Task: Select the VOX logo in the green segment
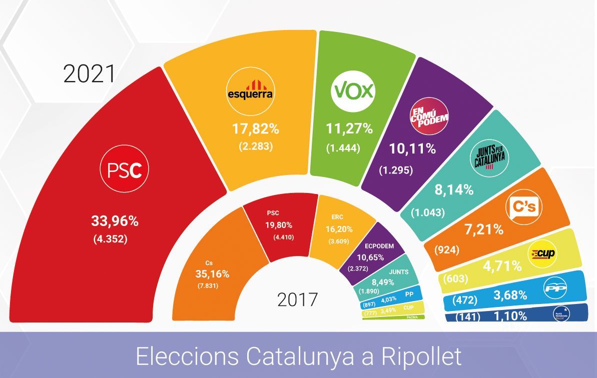tap(353, 91)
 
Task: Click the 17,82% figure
tap(255, 129)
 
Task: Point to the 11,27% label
tap(350, 129)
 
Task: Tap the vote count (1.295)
tap(395, 170)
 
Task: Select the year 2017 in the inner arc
tap(298, 299)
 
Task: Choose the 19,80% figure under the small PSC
tap(279, 225)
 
